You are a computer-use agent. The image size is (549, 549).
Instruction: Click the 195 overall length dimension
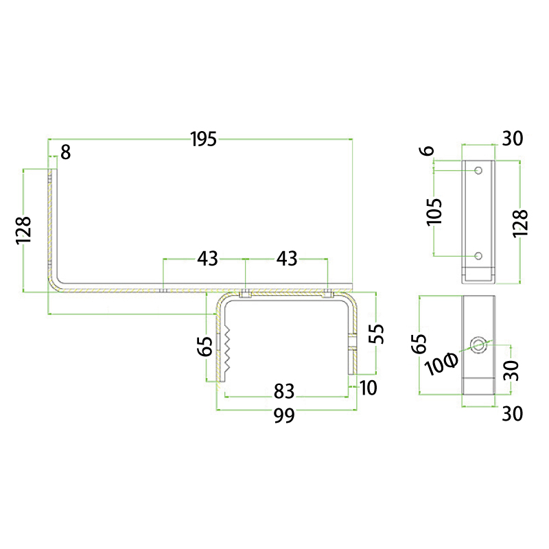pos(204,139)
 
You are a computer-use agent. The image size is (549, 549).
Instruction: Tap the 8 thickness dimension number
pos(65,152)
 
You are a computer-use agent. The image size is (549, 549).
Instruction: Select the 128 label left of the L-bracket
pos(24,230)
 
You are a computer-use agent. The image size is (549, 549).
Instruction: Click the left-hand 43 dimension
pos(207,259)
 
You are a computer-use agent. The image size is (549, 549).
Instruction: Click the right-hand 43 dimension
pos(287,259)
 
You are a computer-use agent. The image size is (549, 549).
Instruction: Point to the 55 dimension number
pos(377,334)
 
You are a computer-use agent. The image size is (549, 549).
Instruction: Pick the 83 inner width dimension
pos(284,391)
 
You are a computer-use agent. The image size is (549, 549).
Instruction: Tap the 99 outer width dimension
pos(284,416)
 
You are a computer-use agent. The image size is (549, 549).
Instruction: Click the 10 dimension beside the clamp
pos(368,388)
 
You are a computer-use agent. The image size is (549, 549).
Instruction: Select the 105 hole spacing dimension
pos(434,212)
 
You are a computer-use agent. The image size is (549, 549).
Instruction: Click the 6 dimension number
pos(427,151)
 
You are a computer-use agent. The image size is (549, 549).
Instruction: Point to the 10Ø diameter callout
pos(441,364)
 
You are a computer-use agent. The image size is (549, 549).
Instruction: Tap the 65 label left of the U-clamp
pos(205,346)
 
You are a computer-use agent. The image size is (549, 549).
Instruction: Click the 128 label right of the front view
pos(520,224)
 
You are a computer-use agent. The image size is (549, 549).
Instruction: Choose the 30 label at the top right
pos(513,139)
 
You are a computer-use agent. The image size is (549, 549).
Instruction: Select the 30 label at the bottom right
pos(512,414)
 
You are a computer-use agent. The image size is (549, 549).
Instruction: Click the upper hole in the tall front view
pos(478,170)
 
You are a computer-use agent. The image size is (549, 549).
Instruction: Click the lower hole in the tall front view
pos(478,256)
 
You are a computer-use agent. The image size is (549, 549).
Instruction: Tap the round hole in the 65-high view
pos(478,345)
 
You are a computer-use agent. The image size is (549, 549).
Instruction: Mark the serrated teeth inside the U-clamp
pos(227,349)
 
